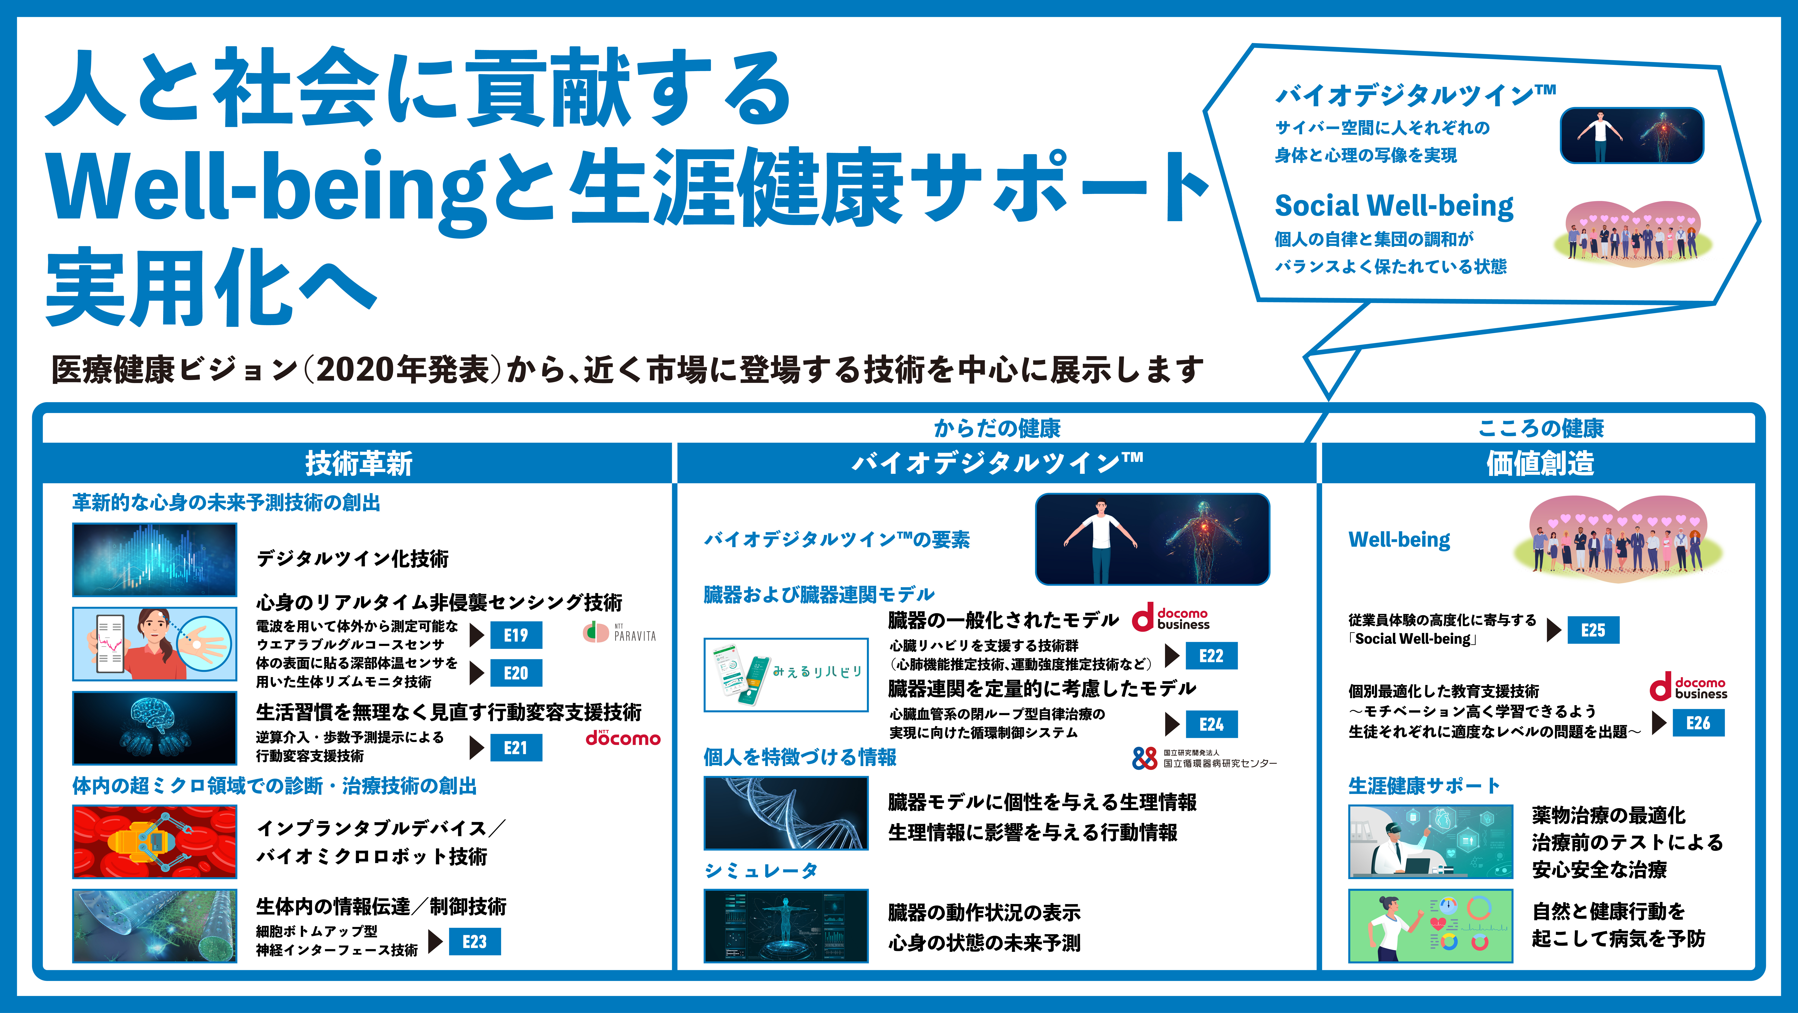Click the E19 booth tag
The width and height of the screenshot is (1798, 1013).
(516, 635)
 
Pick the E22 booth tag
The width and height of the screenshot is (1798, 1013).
(1211, 656)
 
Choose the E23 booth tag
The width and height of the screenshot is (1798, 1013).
(475, 941)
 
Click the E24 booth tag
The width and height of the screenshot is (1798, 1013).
(1211, 724)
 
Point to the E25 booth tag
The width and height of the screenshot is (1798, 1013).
(1593, 630)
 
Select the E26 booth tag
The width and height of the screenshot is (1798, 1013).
(1698, 723)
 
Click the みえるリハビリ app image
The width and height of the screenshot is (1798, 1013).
(786, 674)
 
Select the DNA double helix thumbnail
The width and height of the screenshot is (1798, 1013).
(786, 813)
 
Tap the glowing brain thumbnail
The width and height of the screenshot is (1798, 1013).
(154, 727)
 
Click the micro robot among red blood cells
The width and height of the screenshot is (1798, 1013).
(154, 841)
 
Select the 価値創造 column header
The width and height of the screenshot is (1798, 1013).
(1540, 463)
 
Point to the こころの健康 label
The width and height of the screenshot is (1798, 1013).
(1541, 428)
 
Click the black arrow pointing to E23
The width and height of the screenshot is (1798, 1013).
(436, 941)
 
